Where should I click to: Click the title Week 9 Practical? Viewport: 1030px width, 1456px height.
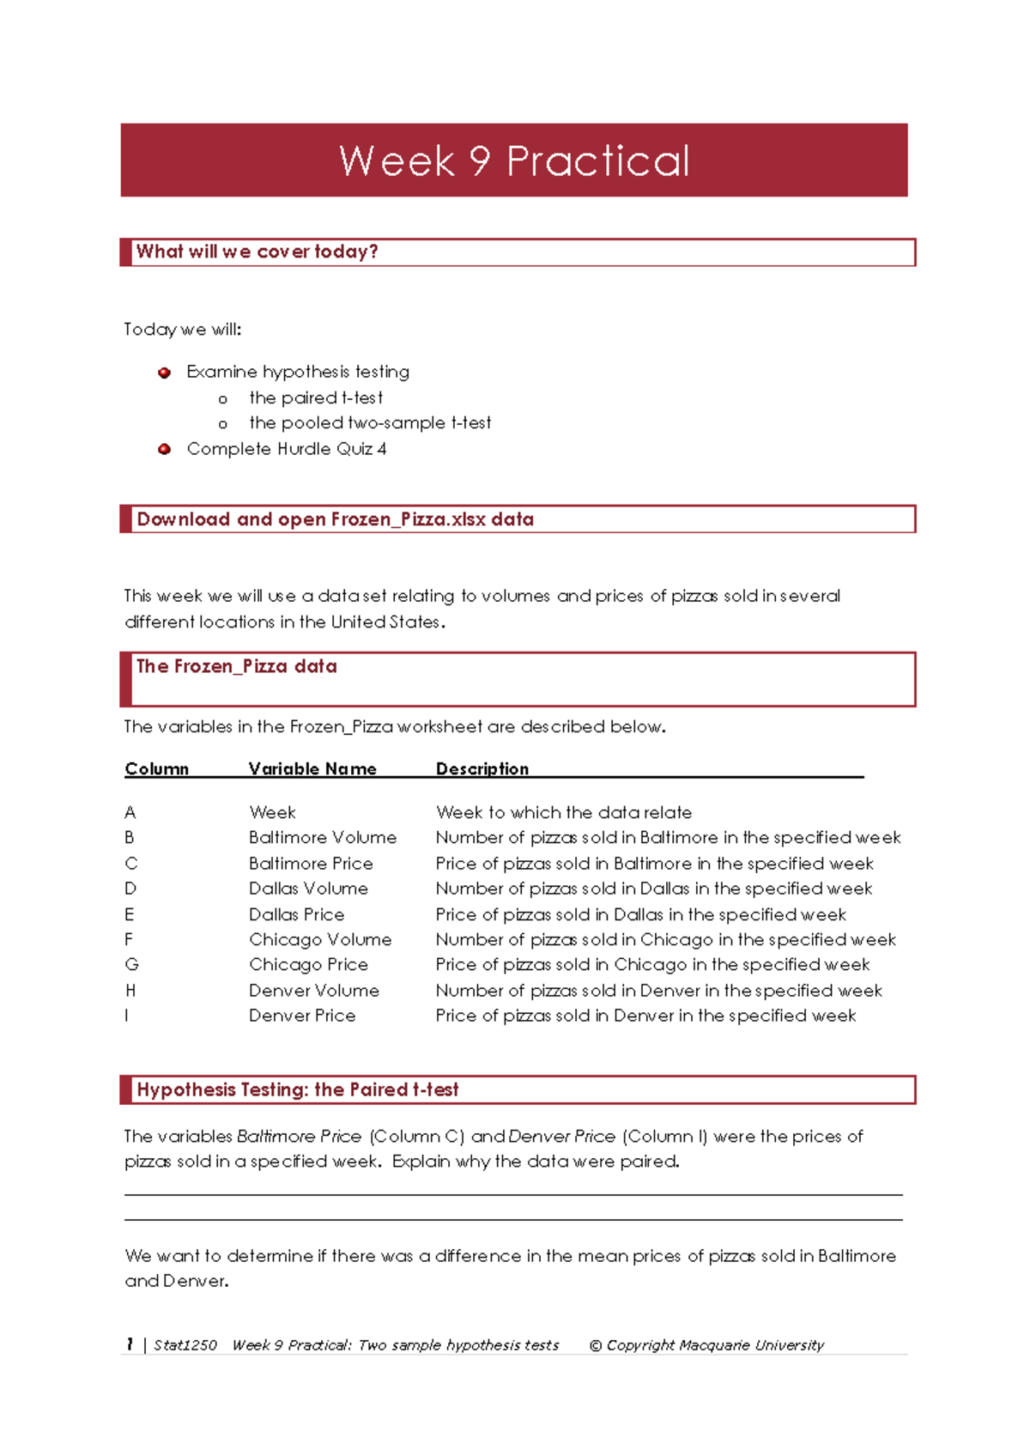(514, 161)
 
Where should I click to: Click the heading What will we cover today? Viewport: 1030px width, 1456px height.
(257, 252)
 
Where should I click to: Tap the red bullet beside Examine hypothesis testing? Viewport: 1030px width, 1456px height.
(165, 373)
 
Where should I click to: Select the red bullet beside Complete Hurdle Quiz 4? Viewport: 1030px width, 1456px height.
(165, 449)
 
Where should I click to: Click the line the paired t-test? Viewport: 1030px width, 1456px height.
(315, 397)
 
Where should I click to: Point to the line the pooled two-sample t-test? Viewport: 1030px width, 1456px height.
(369, 422)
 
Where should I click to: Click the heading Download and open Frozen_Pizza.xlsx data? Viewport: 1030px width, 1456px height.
(335, 519)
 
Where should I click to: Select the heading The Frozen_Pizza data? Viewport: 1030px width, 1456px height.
(236, 666)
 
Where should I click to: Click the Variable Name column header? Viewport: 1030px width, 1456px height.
(312, 769)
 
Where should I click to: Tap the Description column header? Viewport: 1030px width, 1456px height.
(482, 769)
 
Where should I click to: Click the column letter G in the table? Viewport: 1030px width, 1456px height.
(131, 965)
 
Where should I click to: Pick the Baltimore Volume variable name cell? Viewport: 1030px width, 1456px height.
(323, 837)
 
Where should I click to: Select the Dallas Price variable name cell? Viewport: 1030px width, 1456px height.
(296, 914)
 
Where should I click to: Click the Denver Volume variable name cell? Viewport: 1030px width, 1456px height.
(313, 991)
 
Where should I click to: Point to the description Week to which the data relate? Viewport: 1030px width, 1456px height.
(563, 812)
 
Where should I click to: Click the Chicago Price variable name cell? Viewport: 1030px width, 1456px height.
(308, 965)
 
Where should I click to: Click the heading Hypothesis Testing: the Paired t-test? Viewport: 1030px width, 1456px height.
(297, 1089)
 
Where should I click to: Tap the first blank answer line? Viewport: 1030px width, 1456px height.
(513, 1193)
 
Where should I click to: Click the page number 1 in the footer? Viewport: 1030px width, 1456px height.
(130, 1344)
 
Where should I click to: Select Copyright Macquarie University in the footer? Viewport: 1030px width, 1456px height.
(706, 1345)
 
